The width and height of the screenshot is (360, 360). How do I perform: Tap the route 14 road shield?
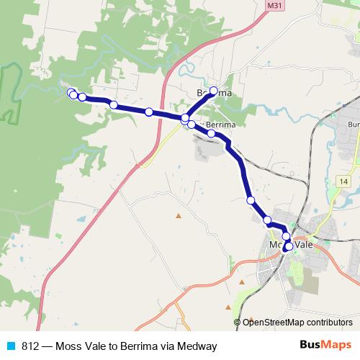(341, 181)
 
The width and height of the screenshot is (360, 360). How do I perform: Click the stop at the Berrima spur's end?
(213, 91)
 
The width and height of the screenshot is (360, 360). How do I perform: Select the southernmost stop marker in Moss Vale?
(289, 247)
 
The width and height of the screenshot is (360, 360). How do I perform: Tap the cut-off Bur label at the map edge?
(353, 125)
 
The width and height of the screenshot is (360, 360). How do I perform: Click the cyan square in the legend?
(11, 346)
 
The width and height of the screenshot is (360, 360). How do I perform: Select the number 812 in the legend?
(30, 346)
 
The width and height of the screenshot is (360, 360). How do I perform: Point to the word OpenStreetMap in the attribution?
(273, 323)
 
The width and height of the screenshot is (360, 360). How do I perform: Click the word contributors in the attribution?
(329, 323)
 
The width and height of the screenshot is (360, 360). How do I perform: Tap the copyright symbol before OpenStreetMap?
(238, 323)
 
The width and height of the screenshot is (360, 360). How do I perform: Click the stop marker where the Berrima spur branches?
(185, 118)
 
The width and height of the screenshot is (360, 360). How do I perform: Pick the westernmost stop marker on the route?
(71, 92)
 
